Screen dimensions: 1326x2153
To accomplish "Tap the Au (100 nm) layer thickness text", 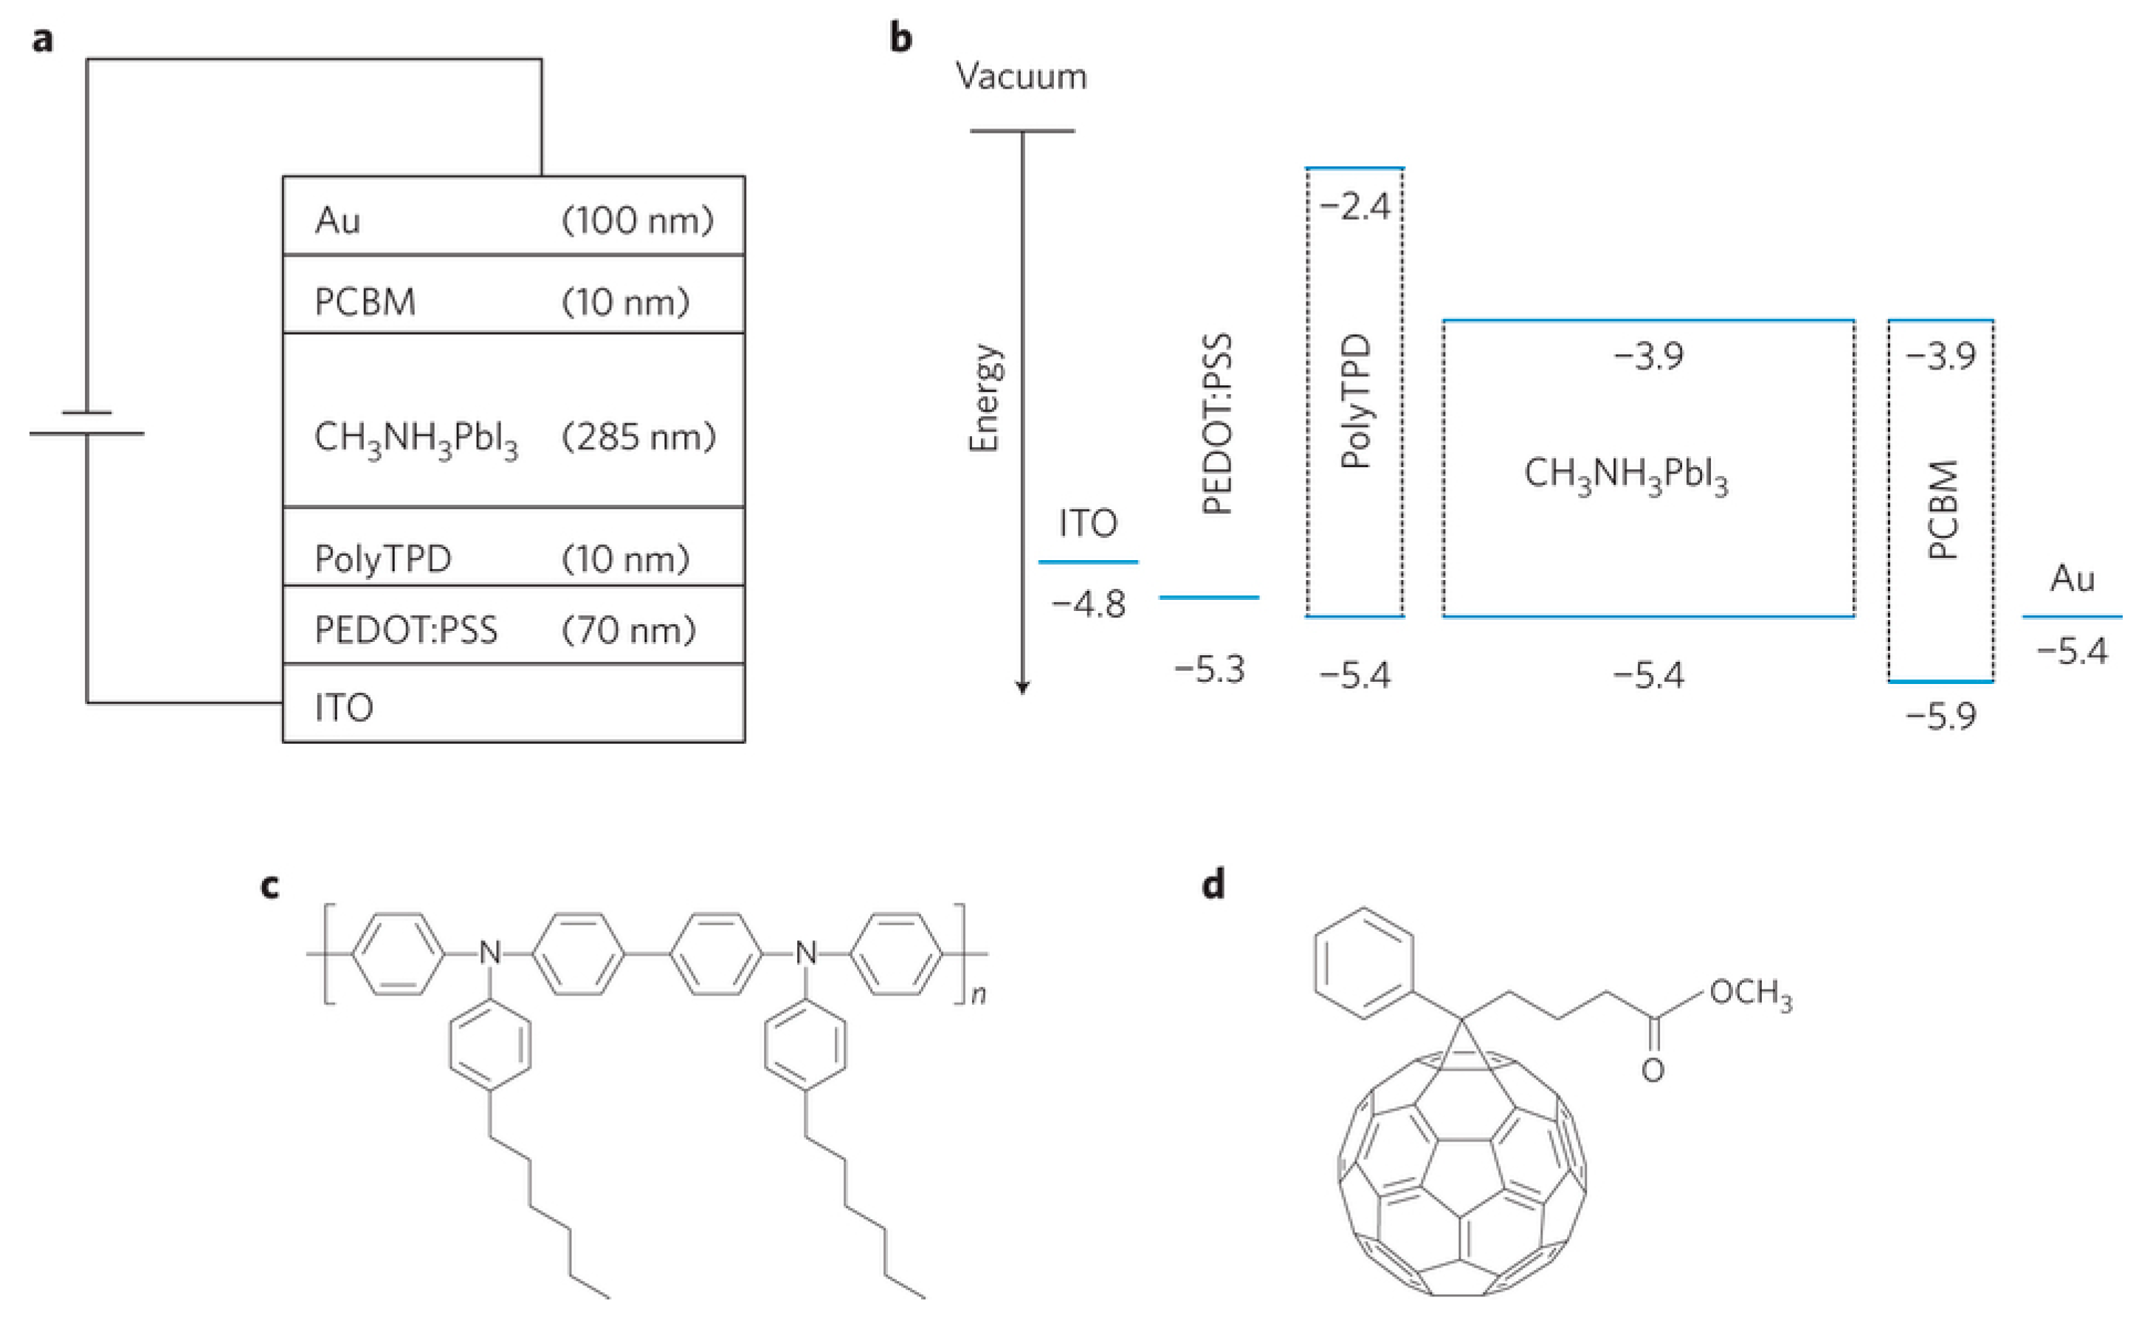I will (x=638, y=219).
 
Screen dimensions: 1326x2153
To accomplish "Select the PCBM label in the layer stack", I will (x=365, y=302).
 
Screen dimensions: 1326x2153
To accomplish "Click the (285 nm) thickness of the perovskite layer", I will (x=638, y=437).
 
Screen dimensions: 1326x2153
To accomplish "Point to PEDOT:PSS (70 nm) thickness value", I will (x=629, y=629).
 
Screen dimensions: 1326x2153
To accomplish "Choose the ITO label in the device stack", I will (x=344, y=708).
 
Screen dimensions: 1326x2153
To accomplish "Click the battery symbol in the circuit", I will (x=87, y=423).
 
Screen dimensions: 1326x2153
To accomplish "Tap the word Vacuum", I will (x=1021, y=77).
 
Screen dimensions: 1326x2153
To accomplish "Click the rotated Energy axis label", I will (x=985, y=397).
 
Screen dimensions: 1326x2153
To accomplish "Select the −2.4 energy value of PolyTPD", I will (x=1355, y=207).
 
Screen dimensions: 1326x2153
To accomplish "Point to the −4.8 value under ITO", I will (x=1089, y=604).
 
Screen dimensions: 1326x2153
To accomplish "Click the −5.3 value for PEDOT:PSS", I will (x=1210, y=670).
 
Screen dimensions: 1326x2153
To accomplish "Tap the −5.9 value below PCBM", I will (x=1940, y=716).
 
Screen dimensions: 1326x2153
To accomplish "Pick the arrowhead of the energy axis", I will (x=1022, y=687).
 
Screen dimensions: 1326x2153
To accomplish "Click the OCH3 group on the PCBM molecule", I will (x=1749, y=995).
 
